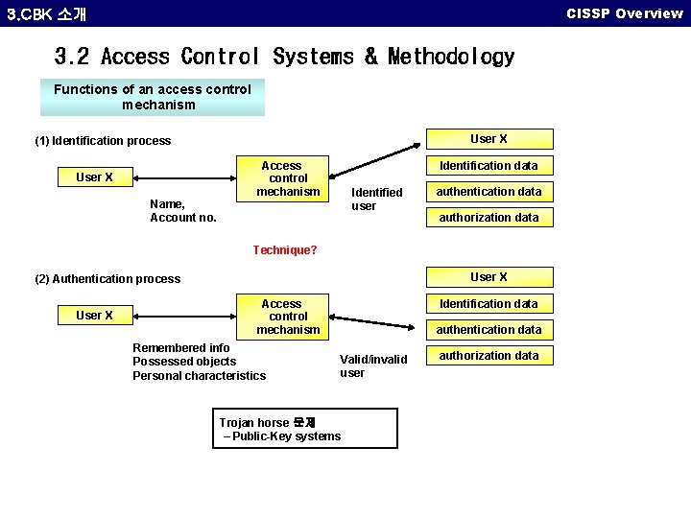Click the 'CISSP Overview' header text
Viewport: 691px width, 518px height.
624,13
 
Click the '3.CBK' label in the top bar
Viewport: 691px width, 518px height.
28,14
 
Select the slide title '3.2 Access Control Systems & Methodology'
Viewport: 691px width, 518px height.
284,58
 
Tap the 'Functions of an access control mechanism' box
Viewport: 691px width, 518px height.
153,97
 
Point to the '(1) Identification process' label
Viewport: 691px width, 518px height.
103,141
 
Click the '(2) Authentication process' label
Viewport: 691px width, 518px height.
107,279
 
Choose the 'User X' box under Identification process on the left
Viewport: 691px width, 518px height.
94,177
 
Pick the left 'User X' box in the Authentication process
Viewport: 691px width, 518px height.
94,316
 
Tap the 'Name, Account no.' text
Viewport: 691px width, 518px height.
183,211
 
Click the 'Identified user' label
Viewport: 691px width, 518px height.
376,200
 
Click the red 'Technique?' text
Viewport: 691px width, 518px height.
285,250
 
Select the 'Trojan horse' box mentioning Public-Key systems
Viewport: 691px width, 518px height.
305,429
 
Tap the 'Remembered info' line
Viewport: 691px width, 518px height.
181,347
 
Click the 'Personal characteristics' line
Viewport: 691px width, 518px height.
199,376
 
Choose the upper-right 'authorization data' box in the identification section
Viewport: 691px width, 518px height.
488,218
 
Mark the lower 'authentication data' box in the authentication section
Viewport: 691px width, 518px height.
488,330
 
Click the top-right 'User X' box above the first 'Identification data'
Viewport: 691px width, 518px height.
488,139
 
